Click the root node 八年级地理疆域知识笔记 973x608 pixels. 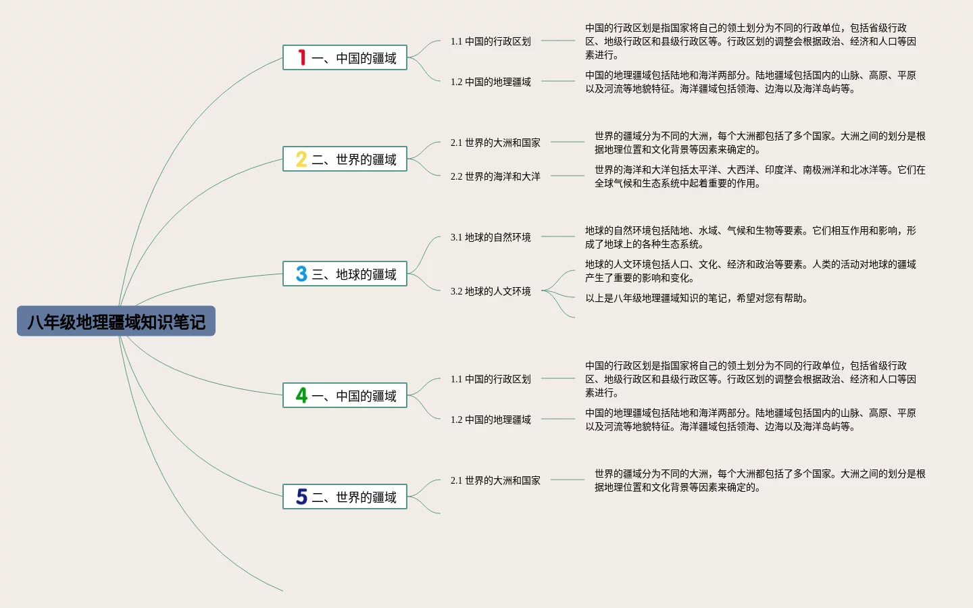point(116,322)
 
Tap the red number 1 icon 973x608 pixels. point(301,58)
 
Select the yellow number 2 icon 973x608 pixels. point(301,159)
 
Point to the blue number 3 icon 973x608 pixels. point(301,274)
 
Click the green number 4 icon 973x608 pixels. point(301,396)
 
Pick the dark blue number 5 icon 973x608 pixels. point(301,497)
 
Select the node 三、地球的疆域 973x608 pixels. point(354,274)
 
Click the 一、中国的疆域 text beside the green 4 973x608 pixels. point(354,396)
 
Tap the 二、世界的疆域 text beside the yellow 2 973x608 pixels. point(354,159)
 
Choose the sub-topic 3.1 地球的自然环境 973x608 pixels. point(491,237)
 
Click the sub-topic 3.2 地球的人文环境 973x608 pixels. point(491,291)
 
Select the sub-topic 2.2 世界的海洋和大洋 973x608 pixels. point(495,176)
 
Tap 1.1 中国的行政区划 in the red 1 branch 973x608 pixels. point(491,41)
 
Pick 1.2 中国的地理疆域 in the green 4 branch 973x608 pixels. point(491,420)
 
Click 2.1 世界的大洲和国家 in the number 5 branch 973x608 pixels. point(495,480)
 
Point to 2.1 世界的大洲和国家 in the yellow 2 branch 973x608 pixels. point(495,143)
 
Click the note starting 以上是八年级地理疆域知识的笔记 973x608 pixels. point(697,298)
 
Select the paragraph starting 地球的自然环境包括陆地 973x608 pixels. point(750,237)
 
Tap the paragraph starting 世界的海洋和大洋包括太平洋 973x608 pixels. point(759,176)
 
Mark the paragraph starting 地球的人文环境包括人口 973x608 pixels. point(750,271)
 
